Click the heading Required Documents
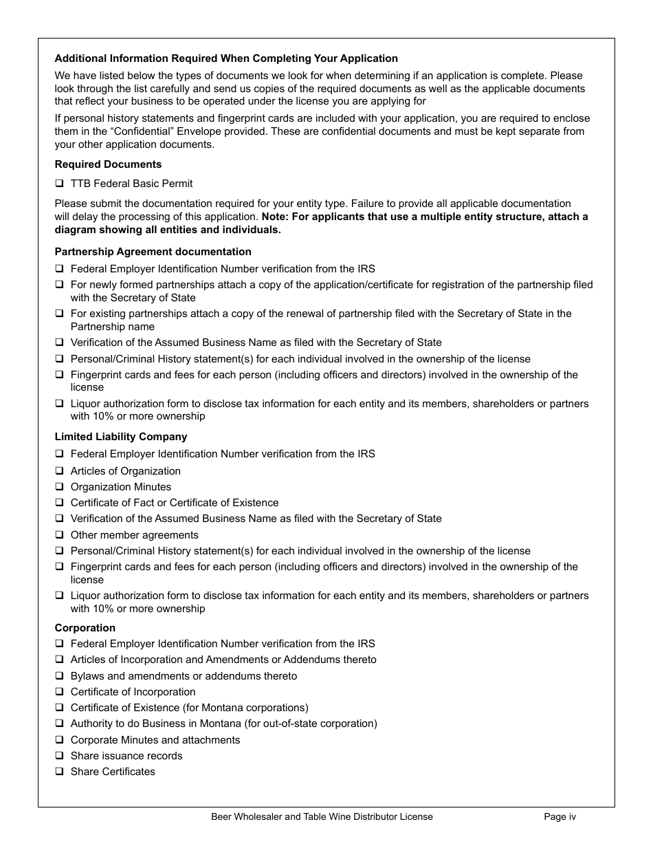pyautogui.click(x=108, y=164)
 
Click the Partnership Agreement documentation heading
pyautogui.click(x=153, y=252)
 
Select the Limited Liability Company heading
pyautogui.click(x=120, y=437)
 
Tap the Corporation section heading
pyautogui.click(x=85, y=628)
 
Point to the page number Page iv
pyautogui.click(x=560, y=816)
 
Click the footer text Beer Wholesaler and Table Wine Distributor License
pyautogui.click(x=322, y=816)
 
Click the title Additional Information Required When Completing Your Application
pyautogui.click(x=225, y=58)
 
